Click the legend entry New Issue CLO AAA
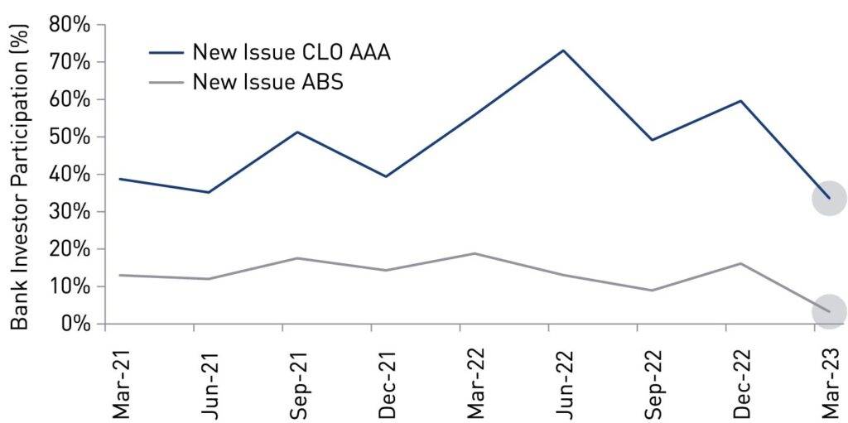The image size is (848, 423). (291, 52)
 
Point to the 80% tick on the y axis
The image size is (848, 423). (70, 24)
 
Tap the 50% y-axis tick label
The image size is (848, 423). (70, 137)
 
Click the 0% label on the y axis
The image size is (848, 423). (76, 324)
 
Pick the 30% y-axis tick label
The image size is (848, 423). (70, 212)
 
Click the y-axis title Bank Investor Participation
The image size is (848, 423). (21, 174)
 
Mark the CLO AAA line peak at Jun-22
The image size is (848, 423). (563, 50)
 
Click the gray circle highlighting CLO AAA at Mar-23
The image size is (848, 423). (828, 199)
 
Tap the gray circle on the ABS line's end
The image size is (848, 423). (828, 311)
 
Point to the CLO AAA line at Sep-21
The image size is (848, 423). (296, 132)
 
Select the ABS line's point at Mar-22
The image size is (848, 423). (475, 253)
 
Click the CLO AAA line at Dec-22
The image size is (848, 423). (740, 101)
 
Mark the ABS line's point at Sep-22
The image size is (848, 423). (652, 291)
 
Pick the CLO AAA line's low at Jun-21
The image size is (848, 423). (208, 192)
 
